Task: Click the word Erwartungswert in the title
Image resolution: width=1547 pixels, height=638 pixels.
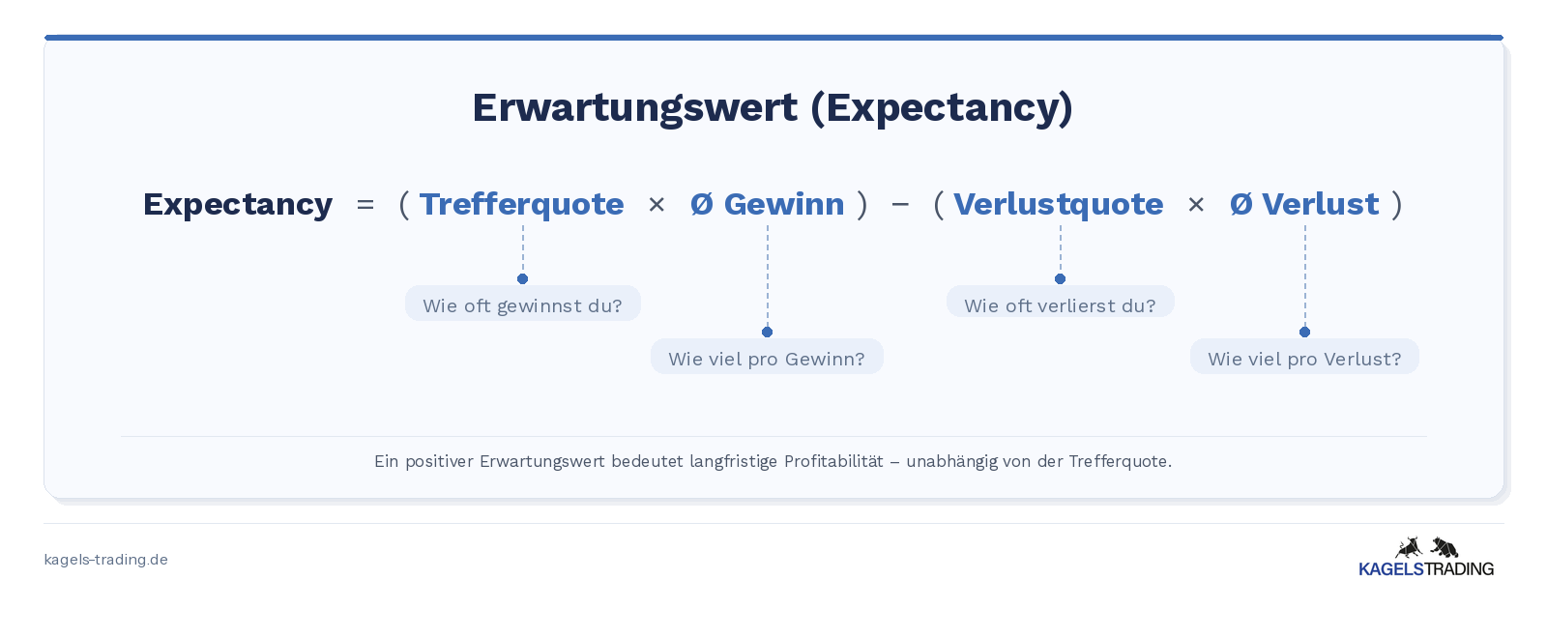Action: click(634, 108)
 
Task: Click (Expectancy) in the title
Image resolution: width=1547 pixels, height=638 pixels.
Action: click(942, 108)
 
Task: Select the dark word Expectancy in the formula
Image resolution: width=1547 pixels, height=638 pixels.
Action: click(238, 205)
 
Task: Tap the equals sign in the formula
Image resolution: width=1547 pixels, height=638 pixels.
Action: click(365, 205)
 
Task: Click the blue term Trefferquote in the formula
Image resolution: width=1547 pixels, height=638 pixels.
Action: click(521, 205)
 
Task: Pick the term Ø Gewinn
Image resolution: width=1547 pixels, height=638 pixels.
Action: click(768, 204)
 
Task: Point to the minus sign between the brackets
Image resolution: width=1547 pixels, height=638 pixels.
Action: click(900, 204)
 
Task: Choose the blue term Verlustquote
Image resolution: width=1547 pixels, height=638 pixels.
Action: click(1058, 205)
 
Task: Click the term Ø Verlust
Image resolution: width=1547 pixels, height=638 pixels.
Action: click(1304, 204)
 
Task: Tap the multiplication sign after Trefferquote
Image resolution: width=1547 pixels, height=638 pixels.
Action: click(657, 205)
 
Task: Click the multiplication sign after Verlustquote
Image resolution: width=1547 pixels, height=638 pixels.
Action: click(1196, 205)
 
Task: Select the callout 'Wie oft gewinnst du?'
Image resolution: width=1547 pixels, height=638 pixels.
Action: click(523, 304)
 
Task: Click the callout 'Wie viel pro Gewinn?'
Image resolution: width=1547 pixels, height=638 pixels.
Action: click(767, 357)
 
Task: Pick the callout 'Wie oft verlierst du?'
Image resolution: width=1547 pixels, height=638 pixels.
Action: click(1060, 302)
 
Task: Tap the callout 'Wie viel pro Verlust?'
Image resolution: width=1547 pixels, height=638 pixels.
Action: click(1304, 357)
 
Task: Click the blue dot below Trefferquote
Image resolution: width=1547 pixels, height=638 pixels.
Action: click(523, 279)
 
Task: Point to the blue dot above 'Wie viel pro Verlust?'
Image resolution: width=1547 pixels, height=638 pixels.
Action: click(1304, 333)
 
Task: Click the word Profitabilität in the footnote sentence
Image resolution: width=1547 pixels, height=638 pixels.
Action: click(833, 461)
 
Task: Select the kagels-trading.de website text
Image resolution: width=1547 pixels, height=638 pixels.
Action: click(105, 560)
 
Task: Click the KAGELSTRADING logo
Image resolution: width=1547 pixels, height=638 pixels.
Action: click(1426, 557)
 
